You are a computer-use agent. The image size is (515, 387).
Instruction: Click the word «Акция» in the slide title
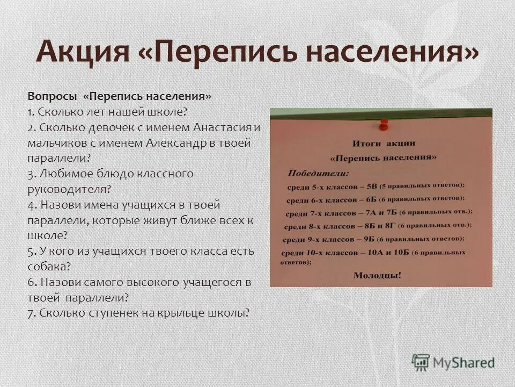tap(83, 52)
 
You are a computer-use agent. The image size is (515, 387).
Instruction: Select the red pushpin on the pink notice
tap(383, 125)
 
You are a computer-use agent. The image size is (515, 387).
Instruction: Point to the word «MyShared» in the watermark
tap(464, 363)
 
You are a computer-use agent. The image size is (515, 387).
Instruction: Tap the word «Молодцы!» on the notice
tap(377, 275)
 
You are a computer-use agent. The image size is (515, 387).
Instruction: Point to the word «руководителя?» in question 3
tap(69, 189)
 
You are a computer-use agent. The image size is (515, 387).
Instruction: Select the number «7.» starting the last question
tap(32, 313)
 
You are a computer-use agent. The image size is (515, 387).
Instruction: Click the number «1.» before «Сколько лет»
tap(31, 112)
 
